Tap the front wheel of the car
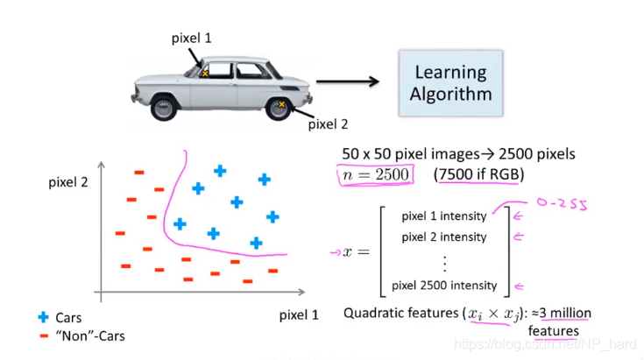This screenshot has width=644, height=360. click(x=163, y=108)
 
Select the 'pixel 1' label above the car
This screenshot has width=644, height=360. click(x=191, y=39)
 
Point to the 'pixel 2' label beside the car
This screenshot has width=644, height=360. click(x=328, y=124)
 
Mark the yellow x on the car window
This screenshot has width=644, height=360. click(x=205, y=74)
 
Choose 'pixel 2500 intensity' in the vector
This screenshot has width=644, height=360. click(x=445, y=285)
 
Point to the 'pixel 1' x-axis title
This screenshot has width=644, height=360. click(x=299, y=314)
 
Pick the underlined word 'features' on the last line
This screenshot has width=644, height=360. click(x=553, y=331)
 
